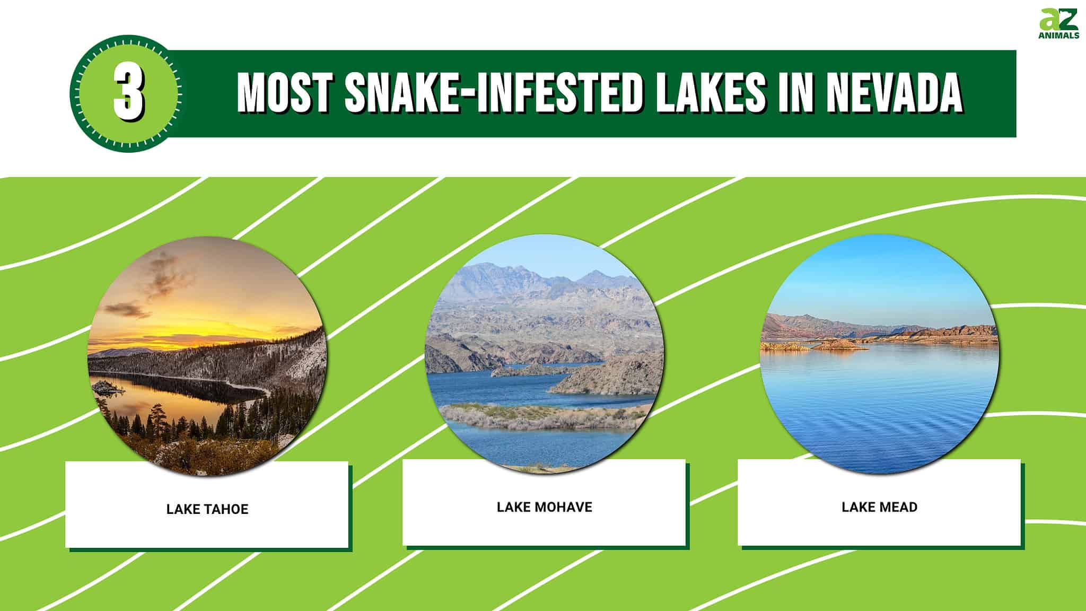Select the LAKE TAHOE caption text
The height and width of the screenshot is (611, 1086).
pyautogui.click(x=207, y=509)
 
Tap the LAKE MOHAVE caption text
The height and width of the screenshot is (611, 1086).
pyautogui.click(x=544, y=507)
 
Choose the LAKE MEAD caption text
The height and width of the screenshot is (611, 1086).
pyautogui.click(x=879, y=507)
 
